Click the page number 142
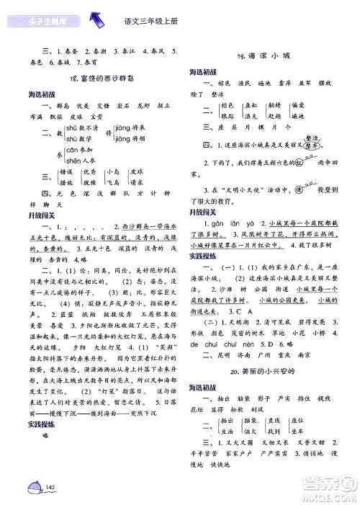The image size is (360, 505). pos(50,488)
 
